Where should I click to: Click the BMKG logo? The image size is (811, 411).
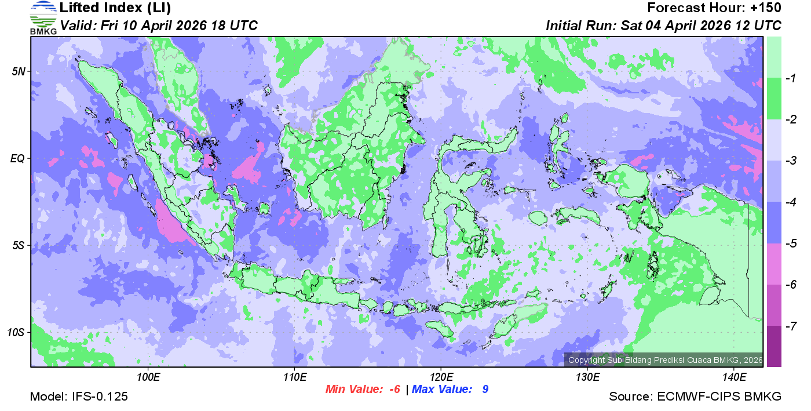coord(43,18)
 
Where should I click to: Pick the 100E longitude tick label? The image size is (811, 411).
coord(148,377)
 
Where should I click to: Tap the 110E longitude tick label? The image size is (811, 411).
coord(295,377)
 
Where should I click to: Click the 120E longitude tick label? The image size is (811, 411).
coord(441,377)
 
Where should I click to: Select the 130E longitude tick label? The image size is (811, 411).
coord(587,377)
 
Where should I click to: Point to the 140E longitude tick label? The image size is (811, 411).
coord(735,377)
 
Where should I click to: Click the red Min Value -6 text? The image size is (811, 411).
coord(363,390)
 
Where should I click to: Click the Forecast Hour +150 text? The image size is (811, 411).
coord(714,8)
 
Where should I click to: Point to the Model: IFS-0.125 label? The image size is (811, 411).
coord(79,397)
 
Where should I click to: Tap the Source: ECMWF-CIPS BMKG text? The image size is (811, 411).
coord(695,397)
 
